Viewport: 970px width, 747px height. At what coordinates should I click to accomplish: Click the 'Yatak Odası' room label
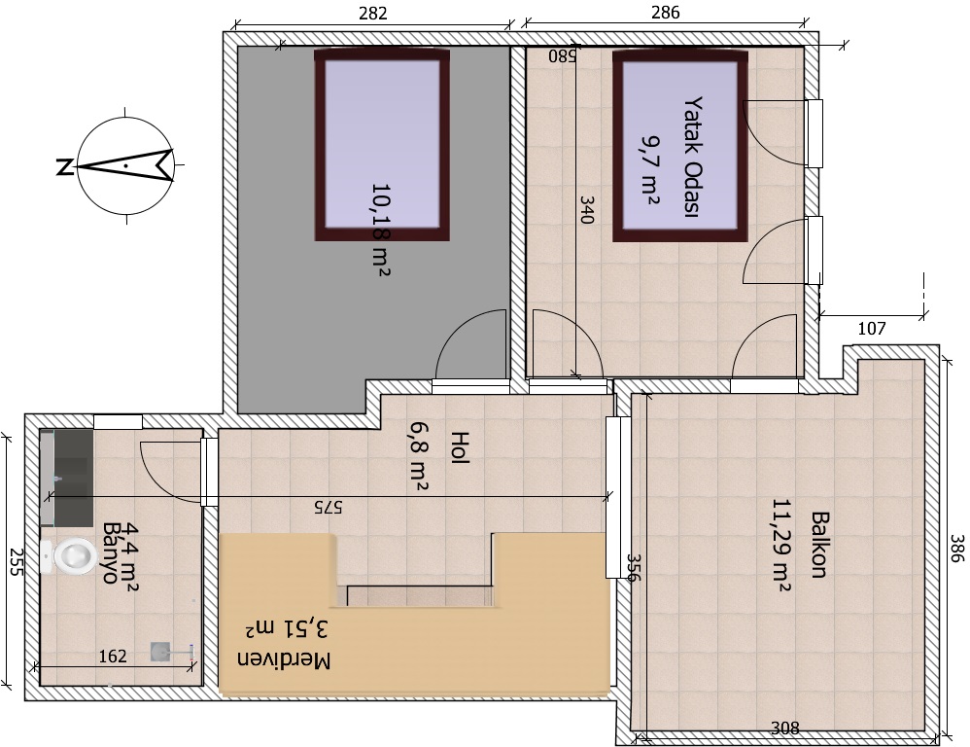tap(692, 157)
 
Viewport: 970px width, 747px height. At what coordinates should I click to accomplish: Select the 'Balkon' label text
tap(819, 545)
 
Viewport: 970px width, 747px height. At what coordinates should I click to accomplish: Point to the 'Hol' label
tap(461, 447)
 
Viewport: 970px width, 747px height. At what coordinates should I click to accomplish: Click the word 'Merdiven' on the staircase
tap(284, 659)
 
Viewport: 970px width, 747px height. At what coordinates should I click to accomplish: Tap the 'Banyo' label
tap(111, 553)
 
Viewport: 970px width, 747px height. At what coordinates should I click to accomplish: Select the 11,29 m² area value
tap(781, 545)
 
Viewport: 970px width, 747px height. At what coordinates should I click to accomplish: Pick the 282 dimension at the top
tap(373, 13)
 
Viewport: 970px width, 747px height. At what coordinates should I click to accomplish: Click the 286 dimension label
tap(665, 13)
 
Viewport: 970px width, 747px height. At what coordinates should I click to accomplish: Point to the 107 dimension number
tap(872, 328)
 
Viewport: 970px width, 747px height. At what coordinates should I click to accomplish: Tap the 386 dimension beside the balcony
tap(957, 549)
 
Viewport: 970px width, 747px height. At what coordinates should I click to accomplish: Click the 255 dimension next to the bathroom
tap(16, 562)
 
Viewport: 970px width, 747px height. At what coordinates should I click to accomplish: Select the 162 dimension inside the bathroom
tap(113, 656)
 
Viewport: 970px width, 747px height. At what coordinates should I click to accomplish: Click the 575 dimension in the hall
tap(328, 508)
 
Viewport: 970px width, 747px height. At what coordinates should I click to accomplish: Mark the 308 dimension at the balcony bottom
tap(784, 729)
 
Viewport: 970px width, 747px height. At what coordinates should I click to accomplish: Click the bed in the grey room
tap(382, 146)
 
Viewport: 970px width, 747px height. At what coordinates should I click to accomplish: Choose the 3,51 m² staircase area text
tap(288, 629)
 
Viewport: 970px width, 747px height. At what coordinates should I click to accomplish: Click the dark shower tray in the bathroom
tap(73, 477)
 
